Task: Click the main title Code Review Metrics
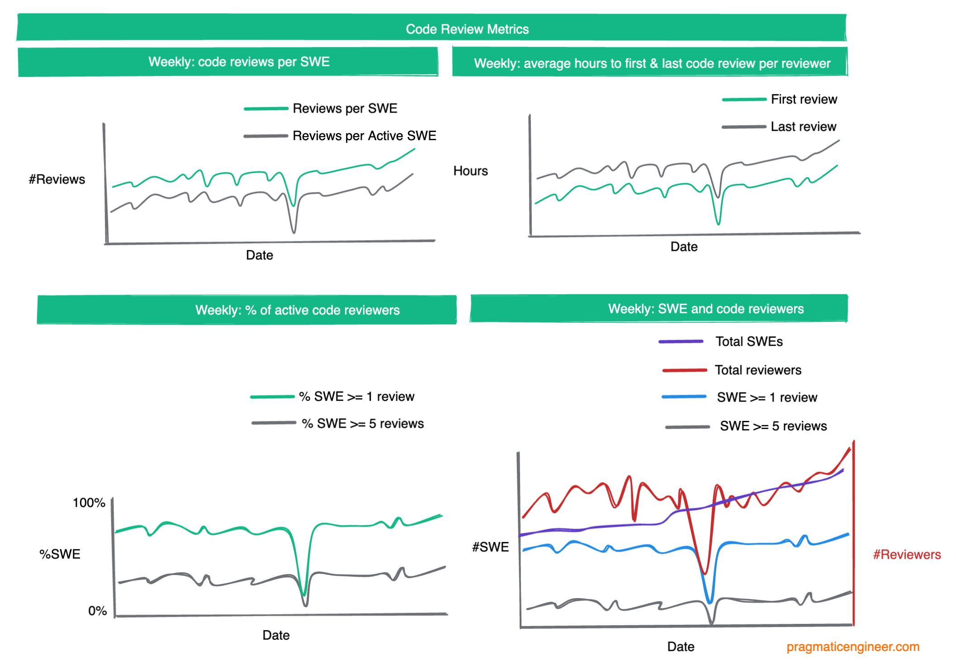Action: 467,29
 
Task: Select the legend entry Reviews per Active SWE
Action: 364,136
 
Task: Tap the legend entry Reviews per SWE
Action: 345,109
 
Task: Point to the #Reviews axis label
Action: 57,179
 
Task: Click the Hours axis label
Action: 470,171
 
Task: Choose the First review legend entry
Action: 804,99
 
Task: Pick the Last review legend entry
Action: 803,127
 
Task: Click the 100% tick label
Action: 89,503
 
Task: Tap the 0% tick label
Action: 97,611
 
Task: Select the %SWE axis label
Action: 60,554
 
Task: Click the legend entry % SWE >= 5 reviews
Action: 363,424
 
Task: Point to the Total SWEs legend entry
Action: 749,341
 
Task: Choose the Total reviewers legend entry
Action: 758,370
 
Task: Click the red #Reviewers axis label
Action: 906,555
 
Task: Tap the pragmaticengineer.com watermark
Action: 852,647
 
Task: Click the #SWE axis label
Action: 490,547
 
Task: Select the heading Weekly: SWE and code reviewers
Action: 705,309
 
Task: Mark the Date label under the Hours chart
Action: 684,247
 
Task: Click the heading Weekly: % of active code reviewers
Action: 297,310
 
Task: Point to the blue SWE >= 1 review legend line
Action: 684,397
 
